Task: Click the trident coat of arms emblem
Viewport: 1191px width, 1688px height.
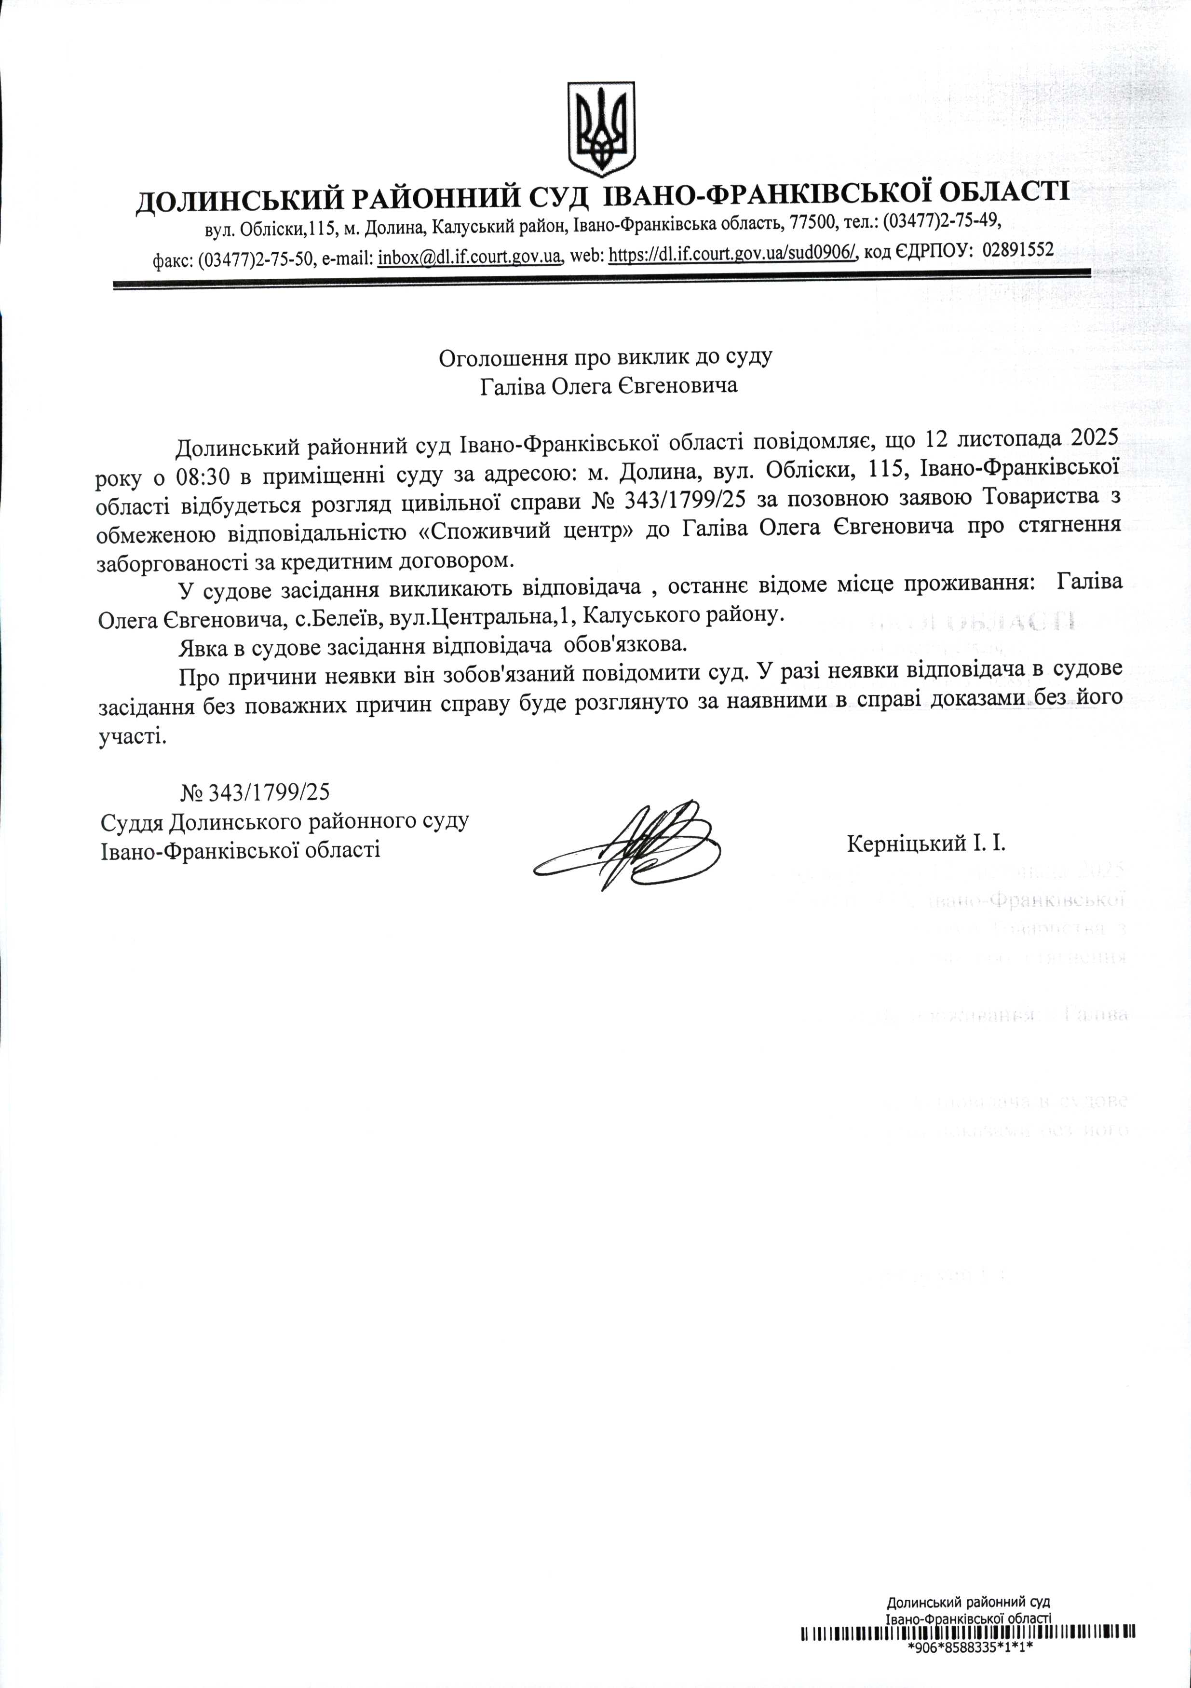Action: point(601,129)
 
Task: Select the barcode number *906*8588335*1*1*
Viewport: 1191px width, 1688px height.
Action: point(971,1647)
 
